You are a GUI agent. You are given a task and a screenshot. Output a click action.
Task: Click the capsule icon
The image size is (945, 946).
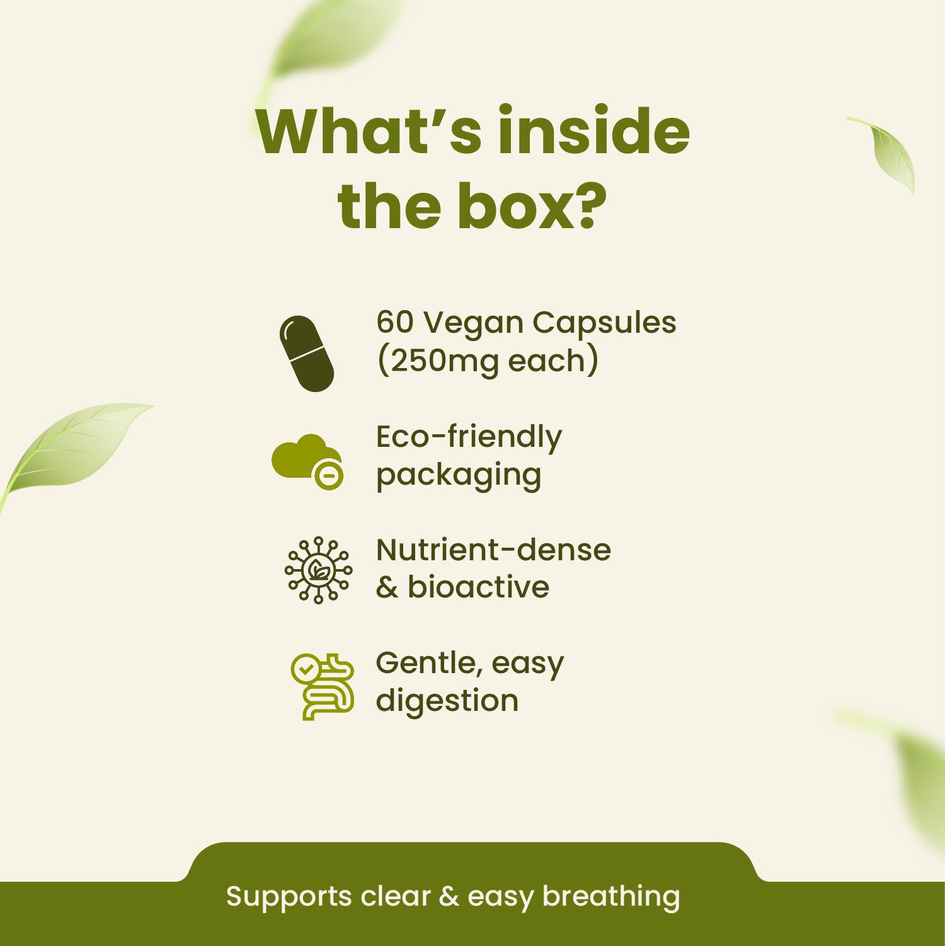click(306, 354)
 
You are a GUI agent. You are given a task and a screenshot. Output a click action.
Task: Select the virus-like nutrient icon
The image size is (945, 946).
click(318, 570)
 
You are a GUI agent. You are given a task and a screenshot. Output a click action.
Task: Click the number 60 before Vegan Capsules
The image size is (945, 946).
click(394, 322)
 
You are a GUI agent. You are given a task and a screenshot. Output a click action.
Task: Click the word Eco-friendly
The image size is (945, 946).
click(469, 437)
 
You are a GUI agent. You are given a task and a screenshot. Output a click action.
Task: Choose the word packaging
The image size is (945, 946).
click(459, 476)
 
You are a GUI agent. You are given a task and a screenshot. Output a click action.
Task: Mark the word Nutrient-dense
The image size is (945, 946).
click(493, 550)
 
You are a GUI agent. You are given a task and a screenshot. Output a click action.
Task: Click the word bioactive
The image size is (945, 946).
click(478, 587)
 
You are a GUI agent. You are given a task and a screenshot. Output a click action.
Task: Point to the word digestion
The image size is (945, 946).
click(447, 701)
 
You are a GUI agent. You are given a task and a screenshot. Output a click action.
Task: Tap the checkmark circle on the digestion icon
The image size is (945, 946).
click(306, 669)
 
